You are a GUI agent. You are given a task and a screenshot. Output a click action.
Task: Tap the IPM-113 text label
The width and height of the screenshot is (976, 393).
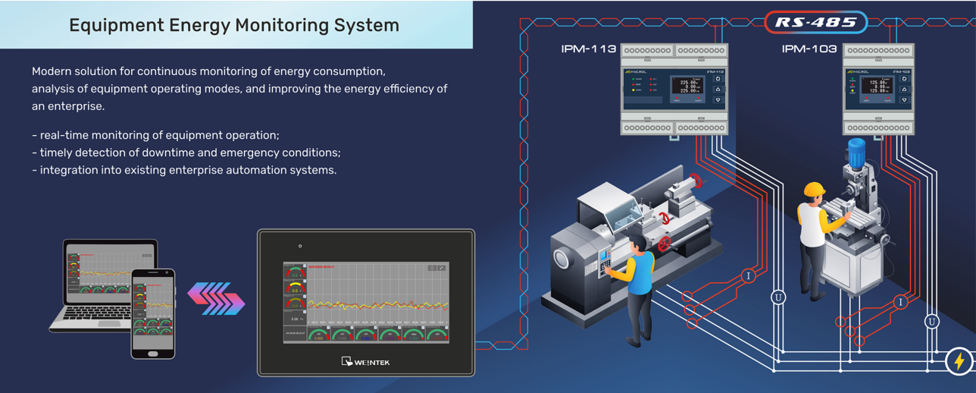pos(588,49)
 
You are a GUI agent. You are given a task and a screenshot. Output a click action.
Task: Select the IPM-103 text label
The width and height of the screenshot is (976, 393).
pos(809,49)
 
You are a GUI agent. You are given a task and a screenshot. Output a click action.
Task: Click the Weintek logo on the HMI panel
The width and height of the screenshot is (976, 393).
pos(366,362)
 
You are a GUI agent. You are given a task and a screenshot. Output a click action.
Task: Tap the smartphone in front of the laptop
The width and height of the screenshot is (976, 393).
pos(153,313)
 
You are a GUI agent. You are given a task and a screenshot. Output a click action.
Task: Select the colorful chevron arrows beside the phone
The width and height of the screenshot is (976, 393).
pos(216,298)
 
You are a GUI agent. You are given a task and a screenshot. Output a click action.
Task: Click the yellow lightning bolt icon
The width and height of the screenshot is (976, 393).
pos(959,361)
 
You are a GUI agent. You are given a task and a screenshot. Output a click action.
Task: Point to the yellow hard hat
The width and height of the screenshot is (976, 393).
pos(814,190)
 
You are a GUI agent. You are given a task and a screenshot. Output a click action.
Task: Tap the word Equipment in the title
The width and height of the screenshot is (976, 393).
pos(115,25)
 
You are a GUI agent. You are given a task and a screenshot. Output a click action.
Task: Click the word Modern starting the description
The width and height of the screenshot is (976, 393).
pos(53,71)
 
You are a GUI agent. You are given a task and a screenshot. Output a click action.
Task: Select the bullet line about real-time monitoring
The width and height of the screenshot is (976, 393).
pos(155,135)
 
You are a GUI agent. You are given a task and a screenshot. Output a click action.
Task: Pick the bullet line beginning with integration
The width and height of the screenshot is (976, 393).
pos(184,170)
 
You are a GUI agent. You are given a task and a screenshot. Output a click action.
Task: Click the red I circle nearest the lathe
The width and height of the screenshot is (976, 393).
pos(749,276)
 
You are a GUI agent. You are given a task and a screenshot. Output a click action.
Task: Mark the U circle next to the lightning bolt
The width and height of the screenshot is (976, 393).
pos(932,322)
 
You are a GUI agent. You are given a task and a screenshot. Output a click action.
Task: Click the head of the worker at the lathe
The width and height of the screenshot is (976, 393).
pos(638,244)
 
